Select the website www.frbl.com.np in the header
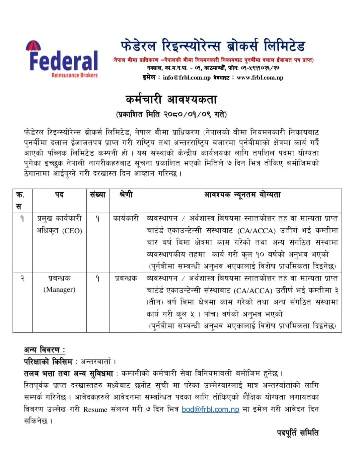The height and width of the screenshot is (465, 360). click(x=260, y=78)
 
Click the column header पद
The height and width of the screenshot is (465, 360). click(x=59, y=195)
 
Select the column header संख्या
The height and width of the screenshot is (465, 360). click(x=97, y=195)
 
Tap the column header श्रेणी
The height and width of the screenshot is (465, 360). click(x=126, y=195)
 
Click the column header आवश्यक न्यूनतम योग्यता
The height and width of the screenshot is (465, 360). click(x=242, y=195)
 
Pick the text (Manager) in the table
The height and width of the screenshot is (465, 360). click(x=59, y=290)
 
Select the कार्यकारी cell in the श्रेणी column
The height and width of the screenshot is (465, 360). click(x=126, y=219)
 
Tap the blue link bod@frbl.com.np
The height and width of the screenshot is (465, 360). click(x=210, y=409)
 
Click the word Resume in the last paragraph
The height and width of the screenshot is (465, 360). click(x=95, y=409)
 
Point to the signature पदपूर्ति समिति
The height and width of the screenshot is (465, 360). click(x=298, y=433)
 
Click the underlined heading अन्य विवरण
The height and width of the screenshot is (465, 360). click(x=44, y=350)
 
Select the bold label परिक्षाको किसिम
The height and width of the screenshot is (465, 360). click(x=48, y=362)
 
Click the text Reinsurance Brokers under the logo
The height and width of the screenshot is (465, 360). click(x=75, y=75)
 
